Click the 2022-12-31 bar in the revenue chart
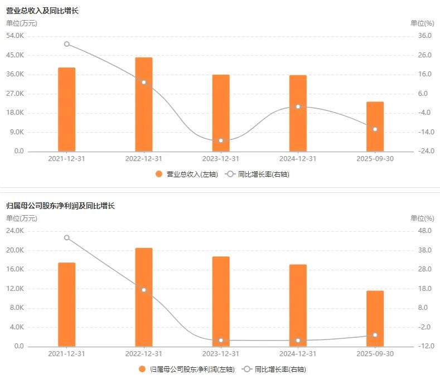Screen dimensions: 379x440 point(144,104)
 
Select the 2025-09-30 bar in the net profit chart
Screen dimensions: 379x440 point(375,318)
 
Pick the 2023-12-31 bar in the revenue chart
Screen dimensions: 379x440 point(221,113)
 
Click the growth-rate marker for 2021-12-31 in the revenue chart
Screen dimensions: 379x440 point(67,44)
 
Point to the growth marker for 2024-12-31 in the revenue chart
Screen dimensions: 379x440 point(298,106)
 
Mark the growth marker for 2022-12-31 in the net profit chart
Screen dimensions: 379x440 point(144,290)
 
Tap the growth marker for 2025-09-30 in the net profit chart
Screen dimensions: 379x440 point(375,335)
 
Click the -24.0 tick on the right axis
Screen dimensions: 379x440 point(424,152)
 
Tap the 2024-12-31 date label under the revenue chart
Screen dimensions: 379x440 point(298,159)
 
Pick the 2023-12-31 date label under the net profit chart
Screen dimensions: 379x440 point(221,354)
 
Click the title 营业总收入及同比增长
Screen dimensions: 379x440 point(42,11)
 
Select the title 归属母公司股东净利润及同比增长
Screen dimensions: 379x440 point(60,206)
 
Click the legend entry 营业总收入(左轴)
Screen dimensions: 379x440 point(187,174)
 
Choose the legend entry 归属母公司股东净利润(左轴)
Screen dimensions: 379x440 point(187,369)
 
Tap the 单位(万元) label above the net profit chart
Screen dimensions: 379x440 point(22,218)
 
